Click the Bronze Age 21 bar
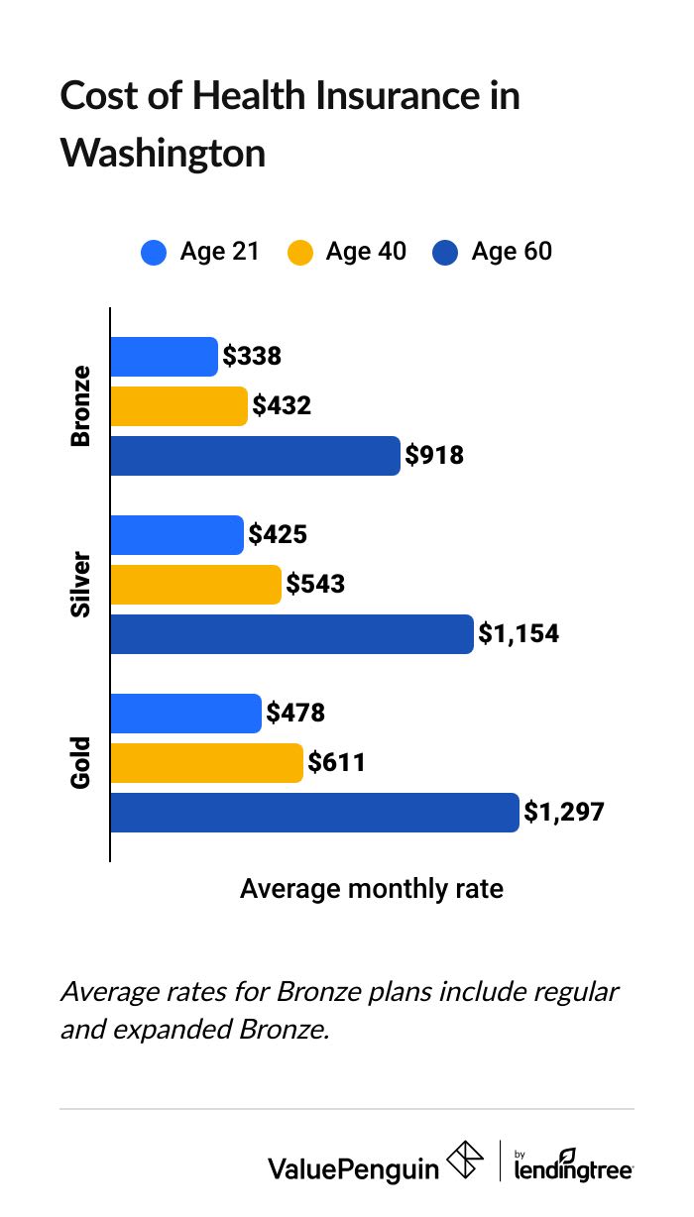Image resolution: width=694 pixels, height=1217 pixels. point(164,357)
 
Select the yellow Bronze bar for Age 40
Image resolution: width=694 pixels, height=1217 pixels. point(178,406)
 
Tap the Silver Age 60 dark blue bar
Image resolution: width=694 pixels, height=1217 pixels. point(291,634)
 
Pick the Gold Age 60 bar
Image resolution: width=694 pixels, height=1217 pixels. point(314,813)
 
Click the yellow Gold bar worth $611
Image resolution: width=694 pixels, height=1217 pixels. point(206,763)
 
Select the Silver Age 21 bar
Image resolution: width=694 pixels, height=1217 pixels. point(176,535)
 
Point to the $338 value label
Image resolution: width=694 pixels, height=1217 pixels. point(252,357)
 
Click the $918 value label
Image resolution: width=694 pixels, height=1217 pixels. point(434,456)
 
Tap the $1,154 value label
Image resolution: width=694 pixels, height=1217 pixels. point(519,634)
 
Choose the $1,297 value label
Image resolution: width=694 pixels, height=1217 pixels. point(563,813)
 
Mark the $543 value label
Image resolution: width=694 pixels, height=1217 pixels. point(315,585)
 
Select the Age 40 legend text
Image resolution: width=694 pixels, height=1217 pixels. point(366,253)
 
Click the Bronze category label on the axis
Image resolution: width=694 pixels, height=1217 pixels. point(80,406)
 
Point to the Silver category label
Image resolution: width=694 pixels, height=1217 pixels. point(80,585)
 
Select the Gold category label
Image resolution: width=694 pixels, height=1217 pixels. point(80,763)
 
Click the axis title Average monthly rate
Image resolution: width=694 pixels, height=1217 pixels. point(371,889)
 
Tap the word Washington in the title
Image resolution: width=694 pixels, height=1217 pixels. point(163,154)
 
